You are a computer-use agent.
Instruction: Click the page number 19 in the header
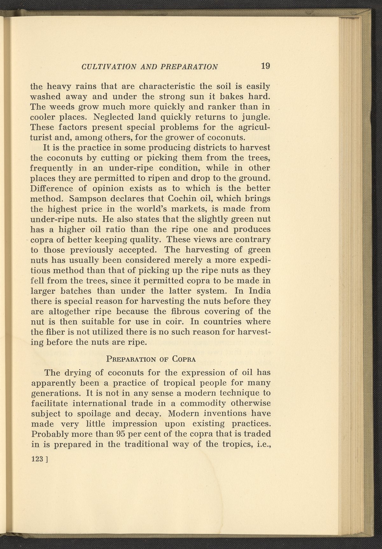(x=265, y=66)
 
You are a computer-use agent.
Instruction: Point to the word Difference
(x=52, y=188)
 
